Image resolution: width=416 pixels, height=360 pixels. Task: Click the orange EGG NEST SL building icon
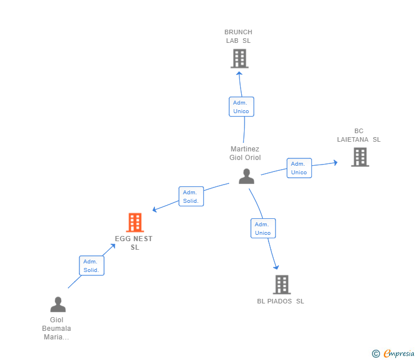click(135, 222)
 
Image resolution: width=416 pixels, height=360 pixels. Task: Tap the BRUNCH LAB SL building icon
click(239, 58)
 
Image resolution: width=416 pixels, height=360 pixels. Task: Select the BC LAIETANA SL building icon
click(360, 157)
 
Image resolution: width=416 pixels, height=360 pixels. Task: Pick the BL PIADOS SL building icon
click(281, 284)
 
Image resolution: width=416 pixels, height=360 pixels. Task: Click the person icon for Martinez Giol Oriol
click(246, 177)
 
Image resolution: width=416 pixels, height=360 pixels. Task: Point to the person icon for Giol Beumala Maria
click(58, 304)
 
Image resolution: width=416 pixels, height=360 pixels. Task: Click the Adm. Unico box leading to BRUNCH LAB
click(241, 107)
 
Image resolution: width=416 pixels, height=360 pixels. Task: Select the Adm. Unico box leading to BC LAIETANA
click(299, 168)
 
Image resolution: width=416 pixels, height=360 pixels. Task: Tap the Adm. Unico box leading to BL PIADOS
click(263, 229)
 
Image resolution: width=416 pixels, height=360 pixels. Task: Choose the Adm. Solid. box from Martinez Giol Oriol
click(191, 197)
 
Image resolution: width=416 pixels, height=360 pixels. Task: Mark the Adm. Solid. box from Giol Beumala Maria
click(91, 266)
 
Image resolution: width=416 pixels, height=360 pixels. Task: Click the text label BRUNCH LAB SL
click(238, 37)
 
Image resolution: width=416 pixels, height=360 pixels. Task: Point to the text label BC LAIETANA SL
click(359, 135)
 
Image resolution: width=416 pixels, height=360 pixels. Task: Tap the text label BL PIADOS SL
click(281, 301)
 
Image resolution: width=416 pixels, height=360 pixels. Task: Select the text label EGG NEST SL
click(134, 243)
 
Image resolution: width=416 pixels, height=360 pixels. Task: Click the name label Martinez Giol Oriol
click(245, 153)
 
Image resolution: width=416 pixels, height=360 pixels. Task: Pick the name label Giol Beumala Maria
click(57, 329)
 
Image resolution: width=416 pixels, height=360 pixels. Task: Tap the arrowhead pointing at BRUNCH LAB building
click(239, 72)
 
